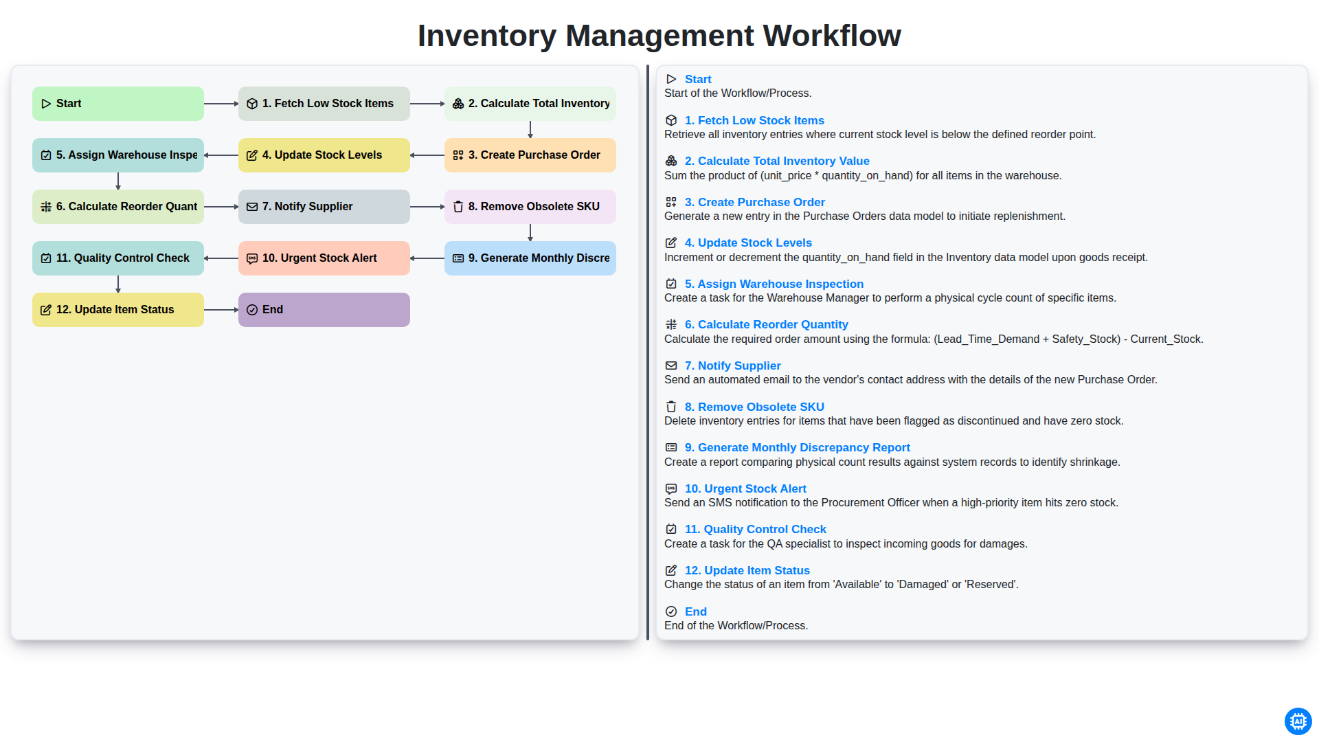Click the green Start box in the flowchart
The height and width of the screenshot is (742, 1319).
(118, 104)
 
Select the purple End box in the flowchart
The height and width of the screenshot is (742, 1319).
(324, 310)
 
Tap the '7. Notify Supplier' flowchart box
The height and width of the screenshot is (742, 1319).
(324, 207)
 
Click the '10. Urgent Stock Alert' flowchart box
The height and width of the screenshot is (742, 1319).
(324, 258)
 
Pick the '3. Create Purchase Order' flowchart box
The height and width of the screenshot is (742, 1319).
(530, 155)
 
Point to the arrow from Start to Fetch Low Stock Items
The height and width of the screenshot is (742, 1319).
(221, 104)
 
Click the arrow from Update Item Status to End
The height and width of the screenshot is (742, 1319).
(221, 310)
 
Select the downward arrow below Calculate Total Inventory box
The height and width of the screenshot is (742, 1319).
(530, 130)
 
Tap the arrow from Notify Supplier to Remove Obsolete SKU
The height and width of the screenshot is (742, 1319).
(427, 207)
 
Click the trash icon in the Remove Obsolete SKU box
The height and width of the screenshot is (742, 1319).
(458, 207)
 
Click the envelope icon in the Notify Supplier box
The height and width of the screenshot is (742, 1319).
(252, 207)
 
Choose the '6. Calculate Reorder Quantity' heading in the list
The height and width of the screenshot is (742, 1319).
(766, 324)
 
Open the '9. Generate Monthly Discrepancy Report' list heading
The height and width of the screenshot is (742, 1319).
(797, 447)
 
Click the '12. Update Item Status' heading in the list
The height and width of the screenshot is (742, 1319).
(747, 570)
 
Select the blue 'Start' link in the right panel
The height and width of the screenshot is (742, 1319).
(698, 79)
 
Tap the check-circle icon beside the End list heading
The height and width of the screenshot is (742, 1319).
(671, 611)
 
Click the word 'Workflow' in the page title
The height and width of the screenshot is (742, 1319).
(832, 36)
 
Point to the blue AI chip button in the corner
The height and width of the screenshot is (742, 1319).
(1298, 721)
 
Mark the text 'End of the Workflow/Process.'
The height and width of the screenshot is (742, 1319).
(736, 625)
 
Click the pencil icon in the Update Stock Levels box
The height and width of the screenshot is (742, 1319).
(252, 155)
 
